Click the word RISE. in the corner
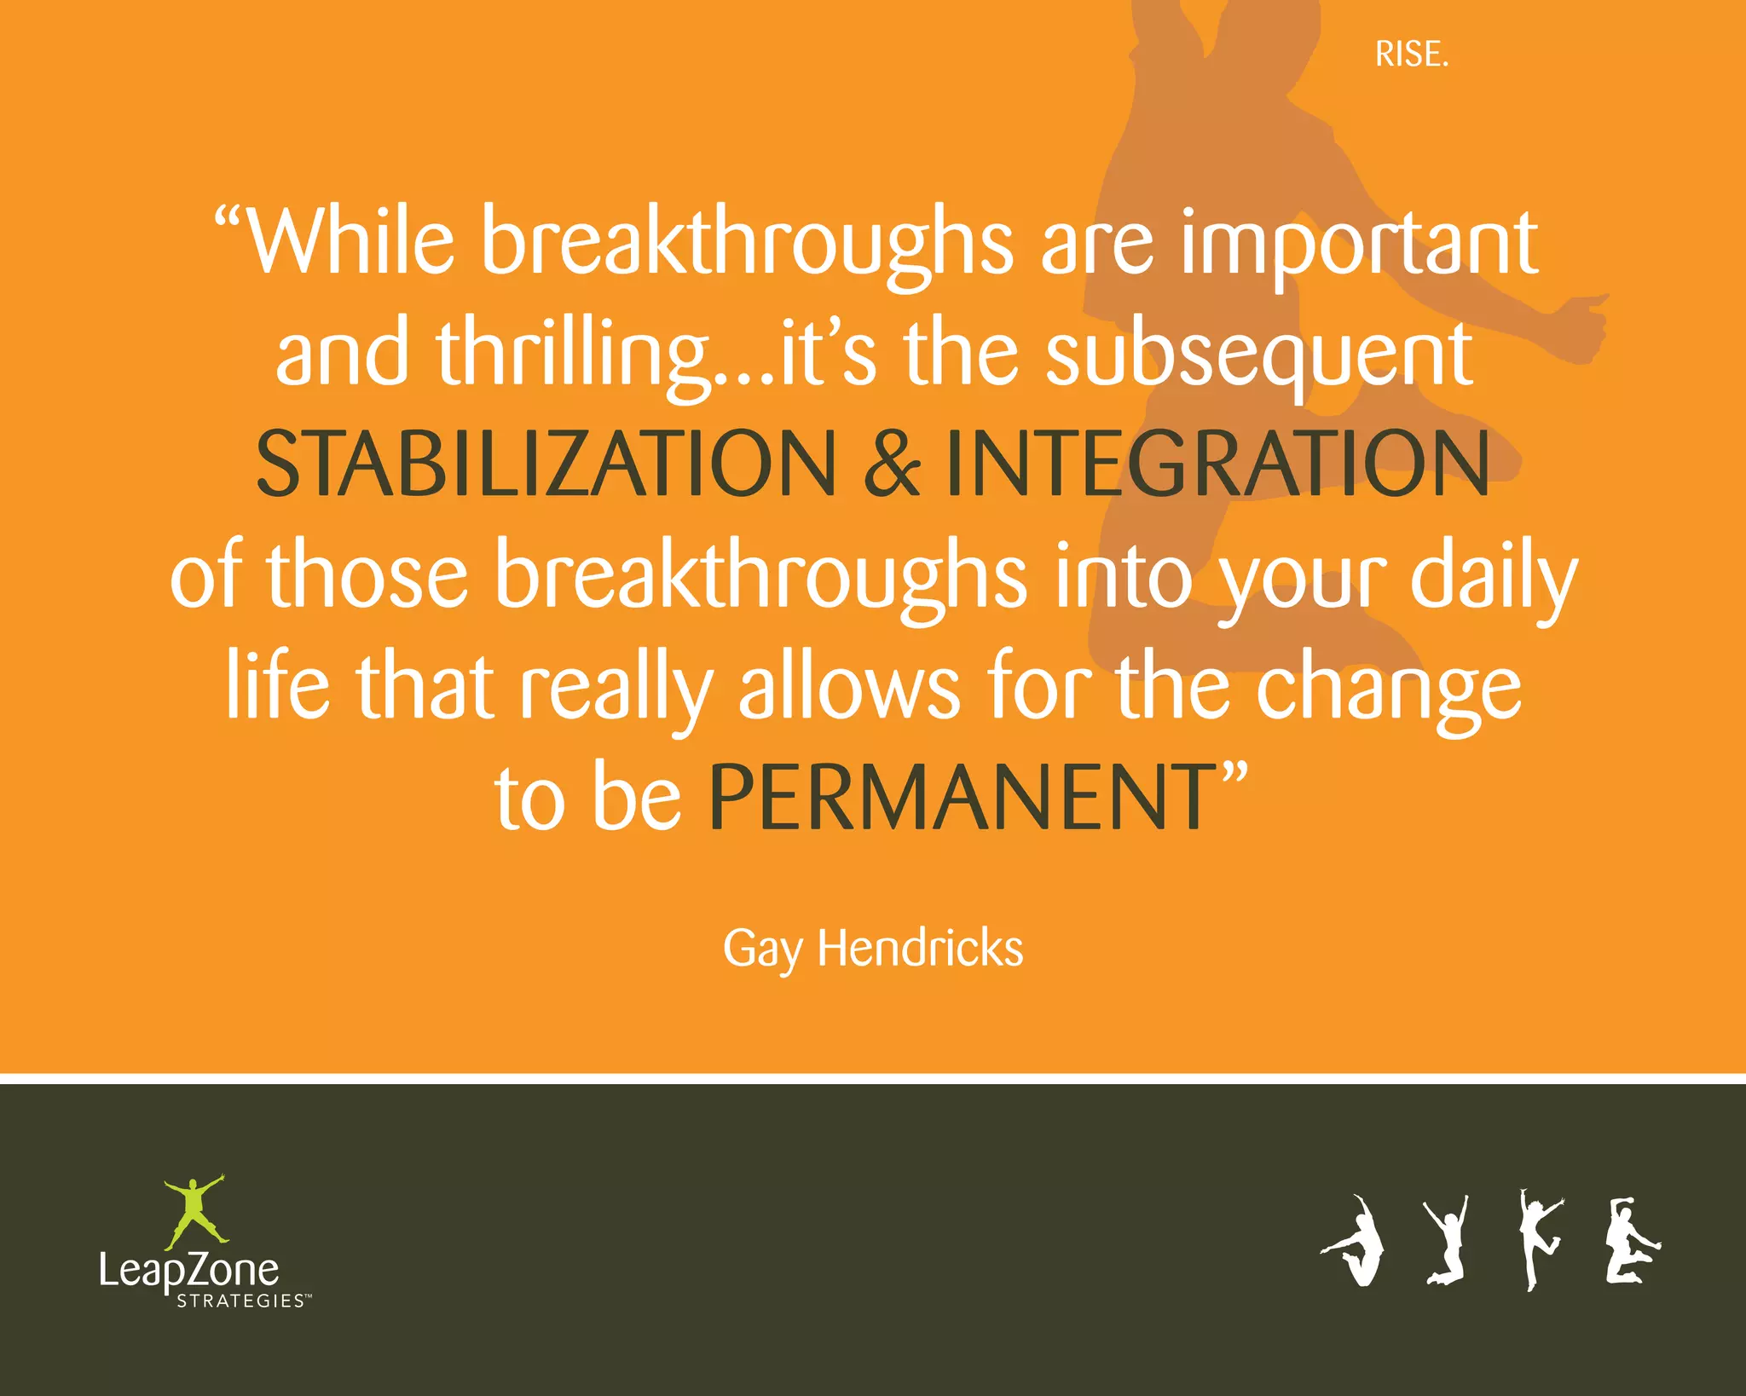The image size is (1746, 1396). click(1411, 55)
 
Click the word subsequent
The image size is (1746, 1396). click(1258, 355)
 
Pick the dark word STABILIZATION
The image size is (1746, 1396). click(546, 464)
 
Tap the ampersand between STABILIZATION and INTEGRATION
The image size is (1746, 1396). click(892, 464)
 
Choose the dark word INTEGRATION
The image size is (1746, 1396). click(1217, 464)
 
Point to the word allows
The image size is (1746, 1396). click(849, 687)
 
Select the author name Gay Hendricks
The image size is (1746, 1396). click(873, 948)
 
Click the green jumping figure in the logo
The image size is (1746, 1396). click(195, 1210)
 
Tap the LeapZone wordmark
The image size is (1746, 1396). click(189, 1270)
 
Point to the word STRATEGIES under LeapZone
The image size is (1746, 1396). click(240, 1301)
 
